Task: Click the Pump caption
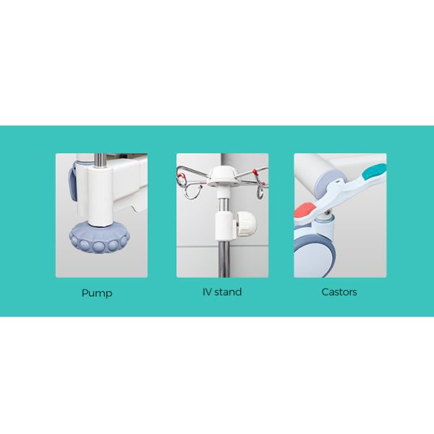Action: (x=97, y=293)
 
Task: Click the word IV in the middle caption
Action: (x=207, y=292)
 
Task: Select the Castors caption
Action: (x=339, y=292)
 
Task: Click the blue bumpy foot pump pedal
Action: (x=99, y=237)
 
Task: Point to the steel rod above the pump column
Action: (x=101, y=161)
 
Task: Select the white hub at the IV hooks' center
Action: (x=223, y=176)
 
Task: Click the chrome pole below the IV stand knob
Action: (x=224, y=258)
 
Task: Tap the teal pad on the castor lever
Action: (x=375, y=171)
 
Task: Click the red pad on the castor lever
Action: (x=305, y=210)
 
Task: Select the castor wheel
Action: (x=315, y=256)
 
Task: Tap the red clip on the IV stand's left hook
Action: (x=182, y=175)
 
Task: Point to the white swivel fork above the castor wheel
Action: (x=322, y=228)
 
